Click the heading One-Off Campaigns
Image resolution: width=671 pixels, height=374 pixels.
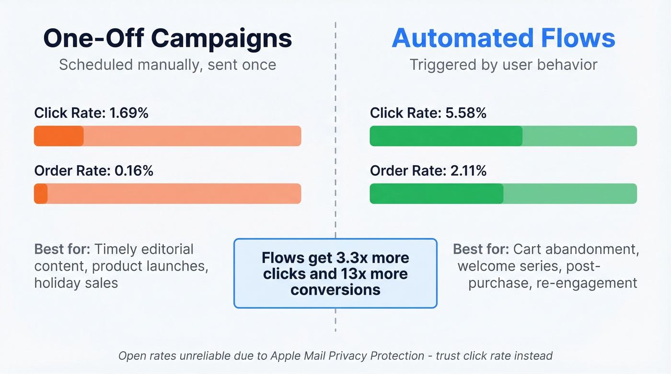click(x=167, y=38)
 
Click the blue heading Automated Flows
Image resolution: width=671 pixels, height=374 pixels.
click(x=503, y=38)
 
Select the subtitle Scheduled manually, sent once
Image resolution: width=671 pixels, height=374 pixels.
click(x=167, y=65)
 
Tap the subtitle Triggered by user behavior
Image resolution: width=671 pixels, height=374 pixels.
click(x=503, y=65)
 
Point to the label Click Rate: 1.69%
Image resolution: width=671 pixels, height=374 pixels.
click(x=91, y=113)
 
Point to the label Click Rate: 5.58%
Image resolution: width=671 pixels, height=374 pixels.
click(x=428, y=113)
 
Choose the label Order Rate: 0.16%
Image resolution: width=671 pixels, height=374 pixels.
click(x=93, y=170)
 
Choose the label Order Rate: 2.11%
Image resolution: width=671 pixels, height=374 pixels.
click(x=428, y=170)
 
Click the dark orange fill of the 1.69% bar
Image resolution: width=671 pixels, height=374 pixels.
click(x=58, y=136)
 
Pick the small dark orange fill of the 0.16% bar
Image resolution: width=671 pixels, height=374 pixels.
click(x=41, y=193)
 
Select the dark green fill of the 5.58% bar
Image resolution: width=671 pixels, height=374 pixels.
click(x=446, y=136)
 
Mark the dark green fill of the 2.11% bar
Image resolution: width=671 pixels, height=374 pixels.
click(x=436, y=193)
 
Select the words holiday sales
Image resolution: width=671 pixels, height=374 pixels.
click(x=76, y=283)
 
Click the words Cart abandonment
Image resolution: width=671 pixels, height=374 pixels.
click(x=576, y=249)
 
